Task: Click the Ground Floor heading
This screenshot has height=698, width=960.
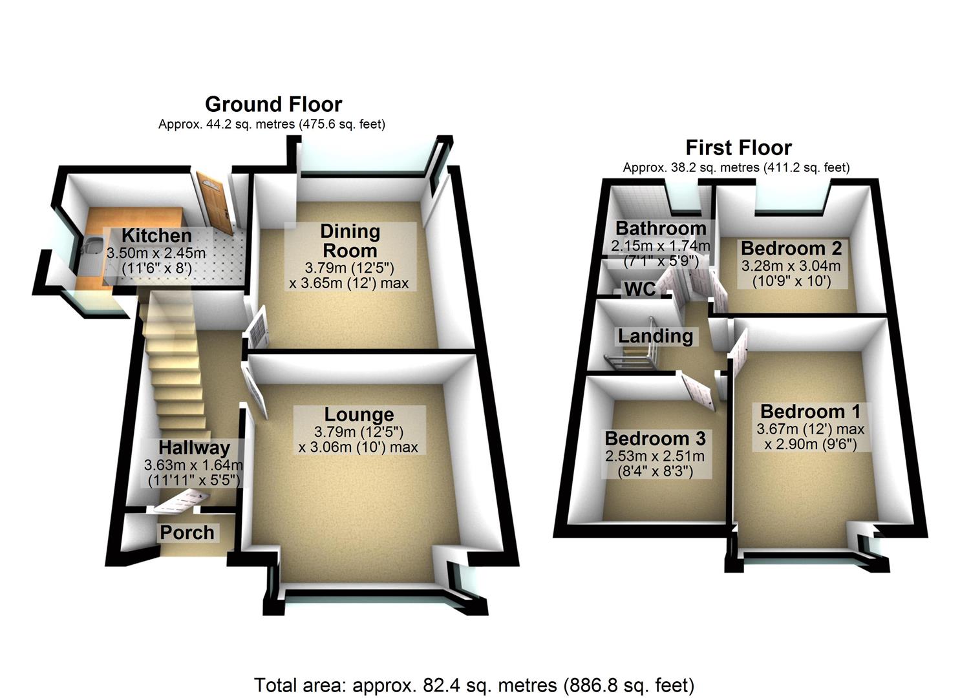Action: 273,104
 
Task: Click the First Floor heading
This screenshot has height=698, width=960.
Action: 738,147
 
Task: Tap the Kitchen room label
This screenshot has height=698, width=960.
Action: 156,236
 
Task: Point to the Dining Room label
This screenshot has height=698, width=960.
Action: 350,240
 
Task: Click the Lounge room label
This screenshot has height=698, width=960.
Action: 359,414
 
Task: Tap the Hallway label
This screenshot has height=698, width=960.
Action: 194,447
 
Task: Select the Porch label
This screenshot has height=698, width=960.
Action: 187,533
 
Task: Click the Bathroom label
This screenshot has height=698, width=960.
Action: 660,228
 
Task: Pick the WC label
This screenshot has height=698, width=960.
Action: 639,289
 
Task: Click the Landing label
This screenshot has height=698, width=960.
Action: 655,335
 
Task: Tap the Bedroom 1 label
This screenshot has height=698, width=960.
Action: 810,411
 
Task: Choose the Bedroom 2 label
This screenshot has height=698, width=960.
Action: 791,248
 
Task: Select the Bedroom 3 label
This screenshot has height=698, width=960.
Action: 655,438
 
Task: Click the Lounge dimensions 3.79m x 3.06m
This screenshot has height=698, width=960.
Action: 358,439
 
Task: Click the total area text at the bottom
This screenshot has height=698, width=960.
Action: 474,684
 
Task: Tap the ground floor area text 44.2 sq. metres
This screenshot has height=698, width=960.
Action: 272,124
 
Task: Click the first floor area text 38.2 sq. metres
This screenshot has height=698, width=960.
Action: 736,167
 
